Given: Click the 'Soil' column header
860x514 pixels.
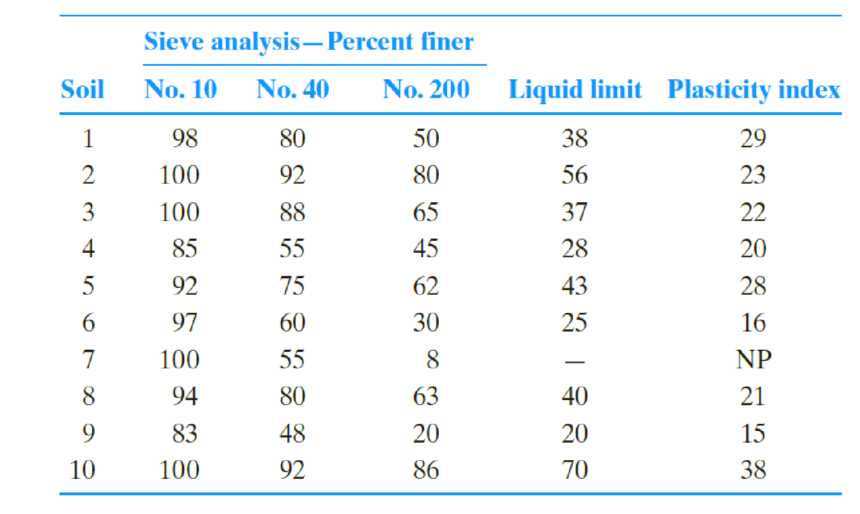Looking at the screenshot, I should click(x=82, y=90).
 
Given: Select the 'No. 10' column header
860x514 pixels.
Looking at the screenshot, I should click(x=180, y=90).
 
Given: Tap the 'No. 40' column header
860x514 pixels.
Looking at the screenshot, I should click(x=293, y=90).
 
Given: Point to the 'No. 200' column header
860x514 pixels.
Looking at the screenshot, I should click(x=426, y=90).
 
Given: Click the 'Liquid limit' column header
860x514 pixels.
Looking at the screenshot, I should click(x=575, y=90).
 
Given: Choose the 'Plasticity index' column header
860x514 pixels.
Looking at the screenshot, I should click(x=753, y=90).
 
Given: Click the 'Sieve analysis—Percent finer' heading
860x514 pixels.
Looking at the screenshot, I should click(x=309, y=42).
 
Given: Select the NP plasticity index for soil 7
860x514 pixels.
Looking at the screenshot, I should click(x=753, y=360).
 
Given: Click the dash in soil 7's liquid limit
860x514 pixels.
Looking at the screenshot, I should click(x=574, y=361).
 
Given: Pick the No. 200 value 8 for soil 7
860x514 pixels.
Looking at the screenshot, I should click(x=433, y=360).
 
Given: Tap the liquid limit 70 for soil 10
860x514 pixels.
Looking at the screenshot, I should click(x=574, y=470).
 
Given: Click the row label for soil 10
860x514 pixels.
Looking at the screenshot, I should click(x=82, y=470).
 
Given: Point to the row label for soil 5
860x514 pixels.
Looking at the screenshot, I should click(x=88, y=286).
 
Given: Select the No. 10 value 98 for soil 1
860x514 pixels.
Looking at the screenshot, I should click(x=185, y=139).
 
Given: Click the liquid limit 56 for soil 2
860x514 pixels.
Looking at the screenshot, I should click(x=574, y=175).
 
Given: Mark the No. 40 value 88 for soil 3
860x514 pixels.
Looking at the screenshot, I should click(x=292, y=213).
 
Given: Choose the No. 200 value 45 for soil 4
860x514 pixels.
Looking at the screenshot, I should click(x=425, y=249).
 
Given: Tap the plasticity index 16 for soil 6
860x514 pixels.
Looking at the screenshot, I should click(x=753, y=323).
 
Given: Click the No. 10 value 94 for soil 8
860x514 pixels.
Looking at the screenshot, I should click(x=185, y=397).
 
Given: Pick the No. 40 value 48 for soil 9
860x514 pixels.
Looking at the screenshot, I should click(x=292, y=434).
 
